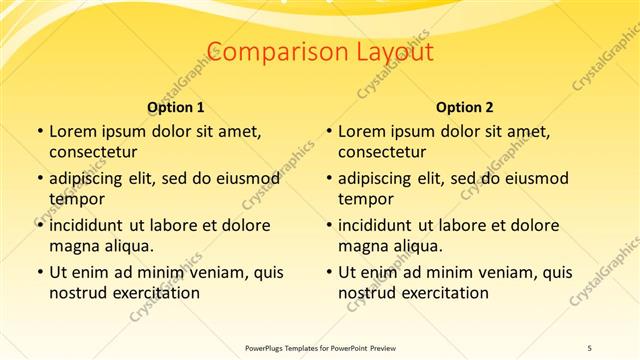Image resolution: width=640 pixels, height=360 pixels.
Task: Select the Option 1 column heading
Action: [176, 107]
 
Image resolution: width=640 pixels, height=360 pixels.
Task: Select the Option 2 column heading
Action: [465, 107]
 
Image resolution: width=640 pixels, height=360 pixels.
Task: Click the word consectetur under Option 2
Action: [382, 152]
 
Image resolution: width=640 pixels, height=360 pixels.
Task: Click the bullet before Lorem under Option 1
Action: [39, 131]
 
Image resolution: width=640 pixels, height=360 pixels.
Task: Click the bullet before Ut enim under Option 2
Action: [328, 272]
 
